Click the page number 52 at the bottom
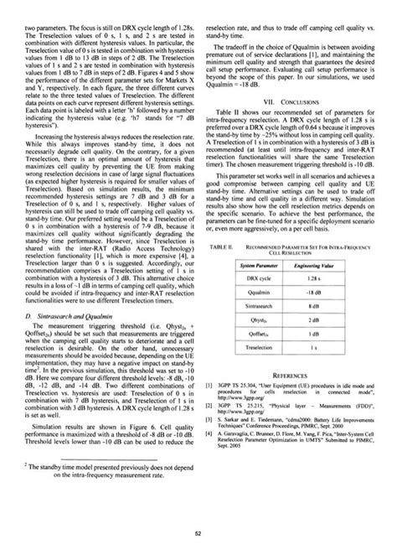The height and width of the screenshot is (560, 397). coord(198,533)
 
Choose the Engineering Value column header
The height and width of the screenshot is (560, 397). coord(335,240)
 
